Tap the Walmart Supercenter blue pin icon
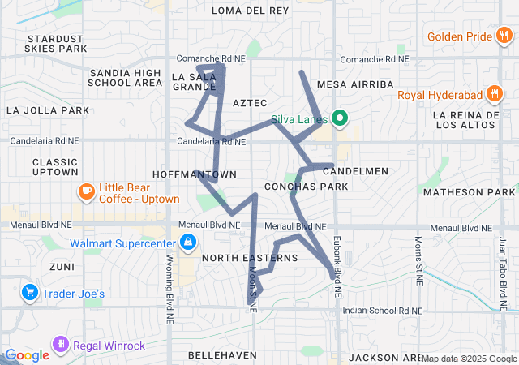[x=187, y=242]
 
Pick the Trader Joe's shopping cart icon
[x=30, y=292]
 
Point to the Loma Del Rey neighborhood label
[x=250, y=11]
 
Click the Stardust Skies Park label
[x=55, y=44]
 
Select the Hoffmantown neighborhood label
[x=194, y=174]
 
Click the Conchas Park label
[x=315, y=186]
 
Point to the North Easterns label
[x=249, y=258]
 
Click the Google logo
[x=28, y=355]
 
